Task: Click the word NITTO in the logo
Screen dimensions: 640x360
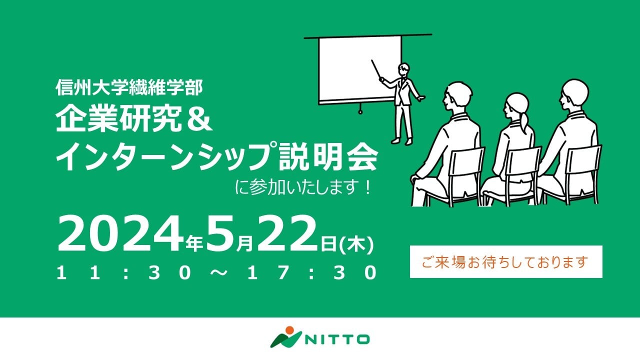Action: pos(337,339)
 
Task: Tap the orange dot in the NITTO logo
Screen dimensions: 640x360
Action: pos(289,330)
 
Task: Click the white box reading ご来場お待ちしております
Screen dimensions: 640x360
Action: pos(506,261)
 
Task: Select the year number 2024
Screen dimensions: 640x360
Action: pos(120,234)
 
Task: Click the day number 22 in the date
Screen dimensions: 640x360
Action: pos(287,234)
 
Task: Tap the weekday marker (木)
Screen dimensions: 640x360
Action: pos(356,244)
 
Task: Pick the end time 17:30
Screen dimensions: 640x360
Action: pos(312,272)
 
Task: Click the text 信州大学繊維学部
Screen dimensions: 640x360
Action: pos(129,87)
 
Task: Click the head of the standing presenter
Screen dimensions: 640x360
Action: pos(403,69)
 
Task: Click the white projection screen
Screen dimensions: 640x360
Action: pos(359,69)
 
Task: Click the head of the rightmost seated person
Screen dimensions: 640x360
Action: pos(573,94)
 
